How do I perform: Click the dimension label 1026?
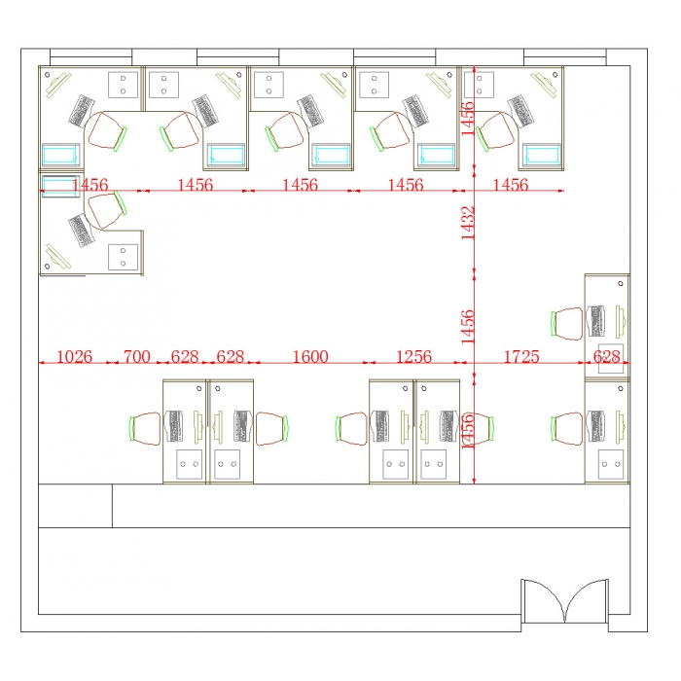[75, 357]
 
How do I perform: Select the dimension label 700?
[137, 357]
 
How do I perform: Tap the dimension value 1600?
[310, 357]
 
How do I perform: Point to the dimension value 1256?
[413, 357]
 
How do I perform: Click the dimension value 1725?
[521, 357]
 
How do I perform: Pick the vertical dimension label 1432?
[468, 223]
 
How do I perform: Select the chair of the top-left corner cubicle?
[107, 130]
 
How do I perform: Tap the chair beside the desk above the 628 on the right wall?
[567, 324]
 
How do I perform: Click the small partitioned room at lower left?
[75, 506]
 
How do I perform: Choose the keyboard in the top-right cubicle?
[520, 111]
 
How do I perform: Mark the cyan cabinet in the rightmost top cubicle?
[542, 155]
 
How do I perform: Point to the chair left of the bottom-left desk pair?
[145, 429]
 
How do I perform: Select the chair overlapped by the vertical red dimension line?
[478, 429]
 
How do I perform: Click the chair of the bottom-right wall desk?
[567, 429]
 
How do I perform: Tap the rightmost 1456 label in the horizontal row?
[511, 185]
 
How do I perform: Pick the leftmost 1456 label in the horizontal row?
[90, 185]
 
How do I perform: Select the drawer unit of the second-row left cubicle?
[123, 257]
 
